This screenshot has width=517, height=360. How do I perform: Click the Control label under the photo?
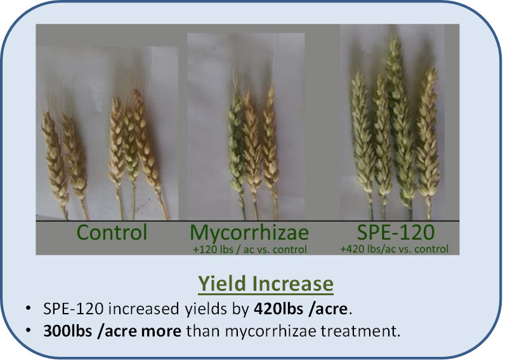click(112, 232)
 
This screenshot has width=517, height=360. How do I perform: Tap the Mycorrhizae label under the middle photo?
click(249, 233)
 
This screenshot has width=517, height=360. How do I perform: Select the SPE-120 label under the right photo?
click(396, 232)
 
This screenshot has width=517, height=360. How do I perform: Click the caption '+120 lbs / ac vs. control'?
click(249, 250)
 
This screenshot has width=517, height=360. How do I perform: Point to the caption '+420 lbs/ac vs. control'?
click(395, 249)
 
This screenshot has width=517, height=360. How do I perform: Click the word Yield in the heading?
click(222, 283)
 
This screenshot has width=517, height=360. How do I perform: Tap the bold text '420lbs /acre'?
click(301, 309)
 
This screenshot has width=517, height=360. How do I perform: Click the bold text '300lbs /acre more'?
click(112, 331)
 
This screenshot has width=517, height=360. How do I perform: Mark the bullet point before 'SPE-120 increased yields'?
click(28, 308)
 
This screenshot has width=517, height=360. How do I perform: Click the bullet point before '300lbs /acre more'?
click(28, 330)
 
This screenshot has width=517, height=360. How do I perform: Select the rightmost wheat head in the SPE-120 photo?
click(428, 138)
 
